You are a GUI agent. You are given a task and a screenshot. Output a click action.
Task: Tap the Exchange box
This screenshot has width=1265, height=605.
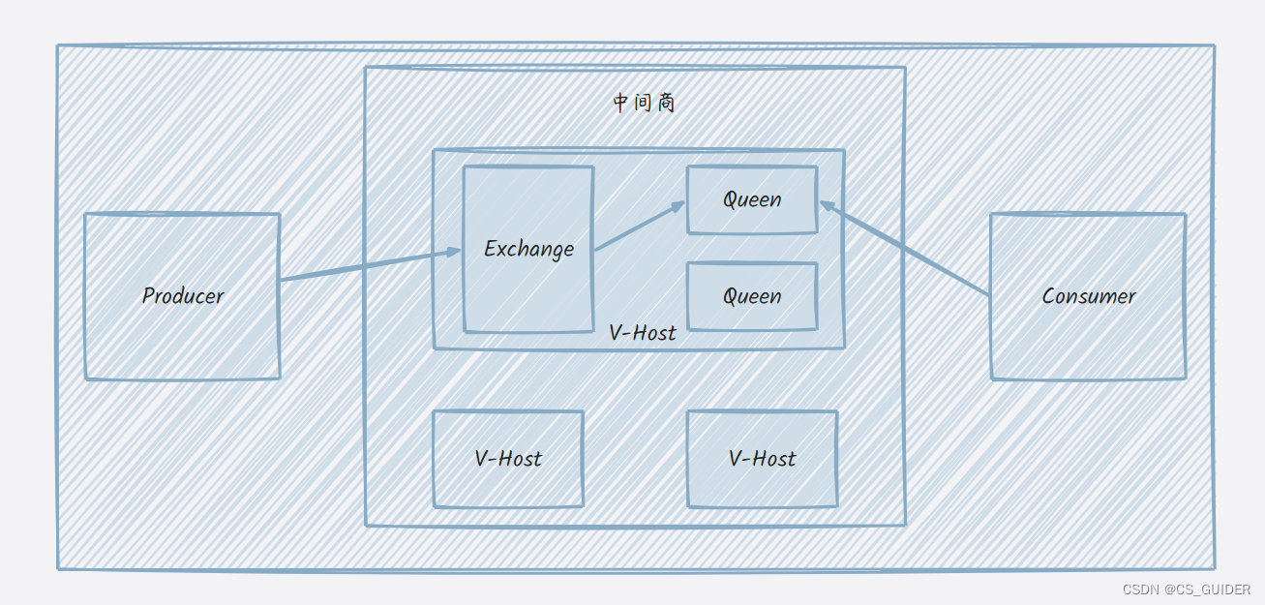527,290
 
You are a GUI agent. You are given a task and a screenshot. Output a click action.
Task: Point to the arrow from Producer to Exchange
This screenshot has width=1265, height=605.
368,266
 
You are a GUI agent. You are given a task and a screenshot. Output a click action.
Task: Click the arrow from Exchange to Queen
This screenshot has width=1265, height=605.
639,227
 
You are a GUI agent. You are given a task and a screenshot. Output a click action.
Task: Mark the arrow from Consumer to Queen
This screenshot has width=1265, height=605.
905,248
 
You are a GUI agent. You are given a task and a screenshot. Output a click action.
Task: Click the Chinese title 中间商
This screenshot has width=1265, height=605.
644,103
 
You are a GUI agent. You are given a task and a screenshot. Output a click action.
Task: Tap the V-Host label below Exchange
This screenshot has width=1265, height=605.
643,333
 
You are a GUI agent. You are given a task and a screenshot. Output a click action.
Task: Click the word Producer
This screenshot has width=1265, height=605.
182,296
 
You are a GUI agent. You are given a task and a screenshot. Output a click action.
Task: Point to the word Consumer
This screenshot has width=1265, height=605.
1088,296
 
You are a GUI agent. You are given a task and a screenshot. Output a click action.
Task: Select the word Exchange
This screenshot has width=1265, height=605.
528,249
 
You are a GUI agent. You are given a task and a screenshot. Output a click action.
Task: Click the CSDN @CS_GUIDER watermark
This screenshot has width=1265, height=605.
1186,589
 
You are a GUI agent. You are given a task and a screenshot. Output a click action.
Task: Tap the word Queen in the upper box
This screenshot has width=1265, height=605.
752,199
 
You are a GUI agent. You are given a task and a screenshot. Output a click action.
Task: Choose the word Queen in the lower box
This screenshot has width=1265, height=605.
752,296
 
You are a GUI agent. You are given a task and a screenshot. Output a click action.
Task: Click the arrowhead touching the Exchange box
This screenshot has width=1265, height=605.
453,253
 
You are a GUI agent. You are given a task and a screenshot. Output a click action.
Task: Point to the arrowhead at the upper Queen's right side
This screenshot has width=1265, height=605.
827,204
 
